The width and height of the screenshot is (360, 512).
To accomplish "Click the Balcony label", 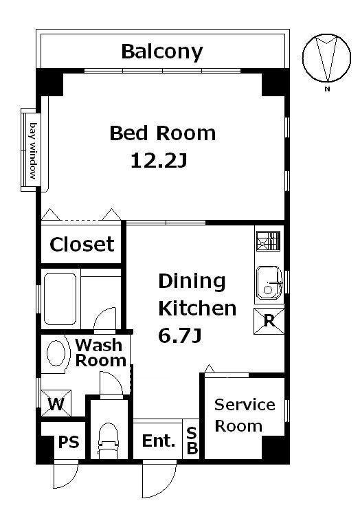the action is tap(162, 52).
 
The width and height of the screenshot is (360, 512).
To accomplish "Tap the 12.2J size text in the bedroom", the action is tap(159, 160).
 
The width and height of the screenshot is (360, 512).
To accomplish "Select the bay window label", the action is tap(33, 151).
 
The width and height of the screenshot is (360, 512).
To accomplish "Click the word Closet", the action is tap(82, 244).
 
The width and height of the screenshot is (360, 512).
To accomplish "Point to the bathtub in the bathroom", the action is tap(60, 299).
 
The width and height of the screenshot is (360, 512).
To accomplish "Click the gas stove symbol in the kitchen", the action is tap(269, 241).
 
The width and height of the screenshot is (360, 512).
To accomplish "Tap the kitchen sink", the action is tap(269, 282).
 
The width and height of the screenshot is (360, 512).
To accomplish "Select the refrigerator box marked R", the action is tap(269, 321).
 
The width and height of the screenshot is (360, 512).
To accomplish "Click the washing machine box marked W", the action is tap(56, 403).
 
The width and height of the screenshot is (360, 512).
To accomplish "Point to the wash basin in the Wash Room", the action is tap(56, 353).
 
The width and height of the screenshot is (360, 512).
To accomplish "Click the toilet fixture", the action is tap(108, 440).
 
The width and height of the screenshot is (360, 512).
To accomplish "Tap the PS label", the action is tap(69, 442).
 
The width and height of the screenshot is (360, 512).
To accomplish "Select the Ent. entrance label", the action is tap(158, 441).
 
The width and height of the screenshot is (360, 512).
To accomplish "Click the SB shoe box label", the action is tap(192, 441).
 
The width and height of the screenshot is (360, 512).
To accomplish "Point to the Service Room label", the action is tap(245, 415).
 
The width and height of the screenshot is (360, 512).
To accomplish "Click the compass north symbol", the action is tap(327, 58).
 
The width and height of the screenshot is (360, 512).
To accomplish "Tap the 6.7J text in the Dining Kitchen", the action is tap(179, 335).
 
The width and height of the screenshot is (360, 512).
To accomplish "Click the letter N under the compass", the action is tap(327, 89).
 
